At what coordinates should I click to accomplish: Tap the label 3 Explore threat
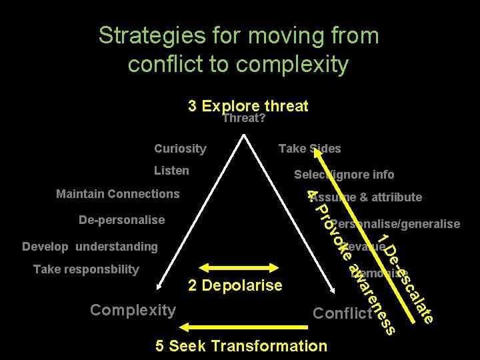coord(248,106)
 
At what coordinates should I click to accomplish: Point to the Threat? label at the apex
coord(244,119)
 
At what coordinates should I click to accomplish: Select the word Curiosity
coord(180,149)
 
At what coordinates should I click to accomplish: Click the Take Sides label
coord(309,149)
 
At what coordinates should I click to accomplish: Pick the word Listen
coord(171,171)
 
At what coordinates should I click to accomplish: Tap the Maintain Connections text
coord(118,194)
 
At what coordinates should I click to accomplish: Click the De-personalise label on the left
coord(121,219)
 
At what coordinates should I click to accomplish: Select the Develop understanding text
coord(90,247)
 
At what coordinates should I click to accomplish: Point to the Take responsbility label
coord(86,269)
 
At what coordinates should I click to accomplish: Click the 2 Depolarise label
coord(235,286)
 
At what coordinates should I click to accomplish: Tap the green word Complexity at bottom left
coord(133,310)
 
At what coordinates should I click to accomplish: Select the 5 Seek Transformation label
coord(241,346)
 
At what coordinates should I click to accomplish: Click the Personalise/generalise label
coord(395,224)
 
